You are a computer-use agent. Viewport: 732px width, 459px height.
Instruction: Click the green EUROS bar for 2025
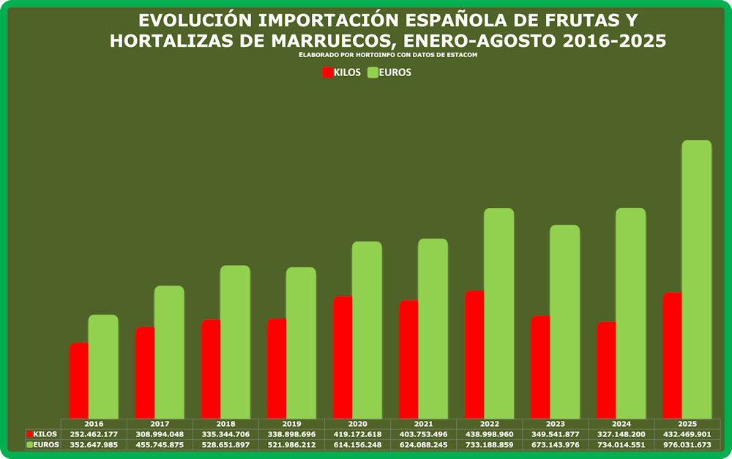click(696, 278)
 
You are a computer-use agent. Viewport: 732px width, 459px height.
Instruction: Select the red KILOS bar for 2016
click(79, 381)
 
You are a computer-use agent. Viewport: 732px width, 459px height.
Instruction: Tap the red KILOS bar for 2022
click(474, 355)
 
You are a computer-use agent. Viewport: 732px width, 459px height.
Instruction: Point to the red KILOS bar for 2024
click(606, 370)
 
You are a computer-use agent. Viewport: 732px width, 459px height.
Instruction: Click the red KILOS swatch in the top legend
click(327, 72)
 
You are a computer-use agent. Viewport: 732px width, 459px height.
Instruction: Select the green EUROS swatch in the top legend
click(372, 72)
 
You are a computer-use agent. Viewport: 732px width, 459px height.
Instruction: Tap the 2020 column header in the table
click(357, 424)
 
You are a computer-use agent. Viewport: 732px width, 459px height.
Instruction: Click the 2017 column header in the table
click(160, 424)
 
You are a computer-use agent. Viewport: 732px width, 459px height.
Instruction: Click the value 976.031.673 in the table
click(687, 444)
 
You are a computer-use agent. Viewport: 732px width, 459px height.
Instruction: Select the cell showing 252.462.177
click(94, 434)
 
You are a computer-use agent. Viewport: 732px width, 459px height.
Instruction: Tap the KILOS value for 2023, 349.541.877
click(555, 434)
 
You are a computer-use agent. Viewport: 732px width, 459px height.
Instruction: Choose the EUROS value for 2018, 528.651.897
click(225, 444)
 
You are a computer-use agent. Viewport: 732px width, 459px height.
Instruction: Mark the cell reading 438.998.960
click(489, 434)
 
